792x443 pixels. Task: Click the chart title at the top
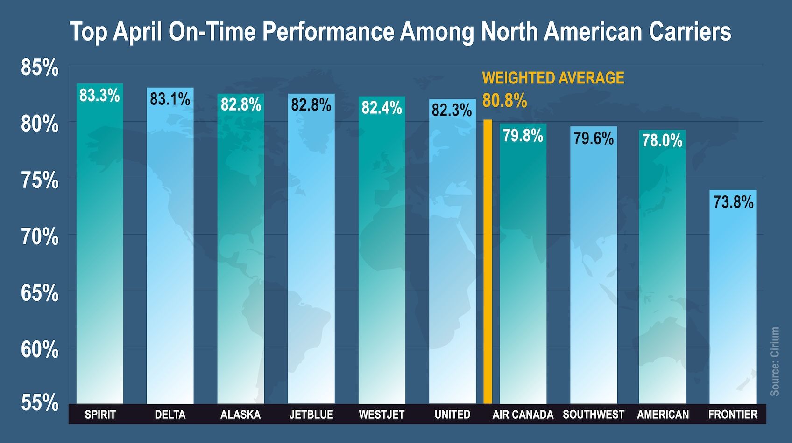click(400, 32)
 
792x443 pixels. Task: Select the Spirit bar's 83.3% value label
click(99, 96)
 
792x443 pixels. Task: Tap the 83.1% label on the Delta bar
click(170, 99)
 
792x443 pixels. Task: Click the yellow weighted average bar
click(488, 261)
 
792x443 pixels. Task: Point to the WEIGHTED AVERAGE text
click(553, 78)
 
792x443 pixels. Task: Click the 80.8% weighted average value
click(504, 101)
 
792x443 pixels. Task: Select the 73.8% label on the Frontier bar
click(733, 202)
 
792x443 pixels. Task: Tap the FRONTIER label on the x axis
click(733, 415)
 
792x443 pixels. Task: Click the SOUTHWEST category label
click(593, 415)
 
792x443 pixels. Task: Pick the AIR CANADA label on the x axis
click(523, 415)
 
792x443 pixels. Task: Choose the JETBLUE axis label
click(311, 415)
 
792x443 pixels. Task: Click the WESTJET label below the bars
click(382, 415)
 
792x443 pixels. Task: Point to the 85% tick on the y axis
click(40, 68)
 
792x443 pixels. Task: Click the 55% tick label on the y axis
click(40, 402)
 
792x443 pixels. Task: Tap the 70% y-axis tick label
click(40, 237)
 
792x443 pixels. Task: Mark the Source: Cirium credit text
click(775, 361)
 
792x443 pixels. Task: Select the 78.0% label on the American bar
click(662, 140)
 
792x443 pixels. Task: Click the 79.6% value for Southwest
click(594, 138)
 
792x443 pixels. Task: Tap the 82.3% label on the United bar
click(452, 111)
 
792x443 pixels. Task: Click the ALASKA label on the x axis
click(240, 415)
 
